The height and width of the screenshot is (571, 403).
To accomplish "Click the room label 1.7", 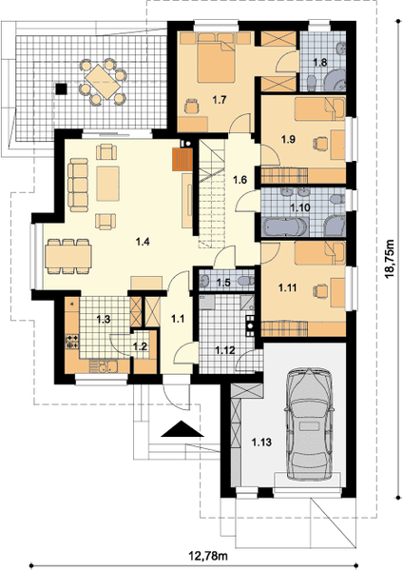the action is click(x=220, y=99).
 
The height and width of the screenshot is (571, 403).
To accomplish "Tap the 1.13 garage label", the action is click(x=261, y=443).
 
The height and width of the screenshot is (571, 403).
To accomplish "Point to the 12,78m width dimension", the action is click(x=208, y=556).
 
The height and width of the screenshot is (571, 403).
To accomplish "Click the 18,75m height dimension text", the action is click(x=390, y=259).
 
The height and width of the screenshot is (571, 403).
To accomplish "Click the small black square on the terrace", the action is click(x=61, y=89).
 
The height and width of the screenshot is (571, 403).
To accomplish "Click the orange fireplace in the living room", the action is click(x=182, y=160).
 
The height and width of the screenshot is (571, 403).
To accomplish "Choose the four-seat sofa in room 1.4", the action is click(x=79, y=185).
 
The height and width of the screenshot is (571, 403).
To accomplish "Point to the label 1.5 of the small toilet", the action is click(x=223, y=283).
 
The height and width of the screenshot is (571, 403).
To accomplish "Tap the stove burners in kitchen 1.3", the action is click(x=71, y=342).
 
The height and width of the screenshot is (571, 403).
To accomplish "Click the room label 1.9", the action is click(x=288, y=139).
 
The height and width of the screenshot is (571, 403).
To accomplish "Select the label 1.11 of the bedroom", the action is click(x=287, y=288).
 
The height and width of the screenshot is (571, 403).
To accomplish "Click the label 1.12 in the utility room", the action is click(x=224, y=350).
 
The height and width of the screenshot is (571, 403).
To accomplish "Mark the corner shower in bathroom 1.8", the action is click(x=335, y=79).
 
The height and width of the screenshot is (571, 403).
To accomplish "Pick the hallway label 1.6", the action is click(x=240, y=180).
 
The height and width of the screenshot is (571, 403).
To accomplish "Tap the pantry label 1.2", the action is click(x=140, y=346).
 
